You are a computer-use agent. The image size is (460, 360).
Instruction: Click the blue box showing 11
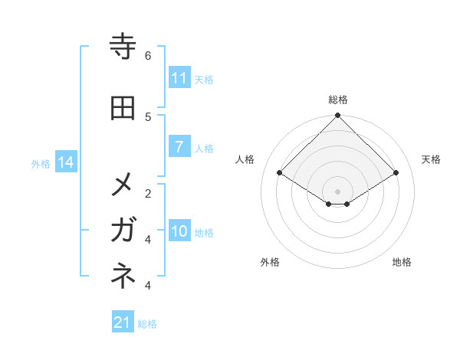click(x=179, y=78)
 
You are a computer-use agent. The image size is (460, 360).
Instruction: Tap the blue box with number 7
click(x=179, y=147)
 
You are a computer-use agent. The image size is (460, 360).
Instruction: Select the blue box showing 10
click(x=179, y=231)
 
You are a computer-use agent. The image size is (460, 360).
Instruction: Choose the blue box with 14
click(x=66, y=162)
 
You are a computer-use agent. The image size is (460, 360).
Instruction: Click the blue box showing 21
click(x=123, y=322)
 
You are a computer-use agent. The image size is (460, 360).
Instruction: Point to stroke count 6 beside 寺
click(x=148, y=55)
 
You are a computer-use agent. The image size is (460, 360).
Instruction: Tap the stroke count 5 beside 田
click(x=148, y=116)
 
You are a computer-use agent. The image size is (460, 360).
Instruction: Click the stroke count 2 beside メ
click(x=148, y=193)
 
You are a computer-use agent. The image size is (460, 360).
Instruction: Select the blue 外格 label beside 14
click(x=41, y=163)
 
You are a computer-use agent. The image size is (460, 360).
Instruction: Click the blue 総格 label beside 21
click(x=147, y=324)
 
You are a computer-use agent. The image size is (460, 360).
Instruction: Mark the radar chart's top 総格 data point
click(x=337, y=116)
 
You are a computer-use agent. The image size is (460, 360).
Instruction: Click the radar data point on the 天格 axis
click(x=396, y=173)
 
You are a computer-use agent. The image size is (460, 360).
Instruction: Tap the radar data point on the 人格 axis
click(x=280, y=173)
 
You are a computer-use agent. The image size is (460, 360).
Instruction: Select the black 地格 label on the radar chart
click(x=402, y=262)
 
